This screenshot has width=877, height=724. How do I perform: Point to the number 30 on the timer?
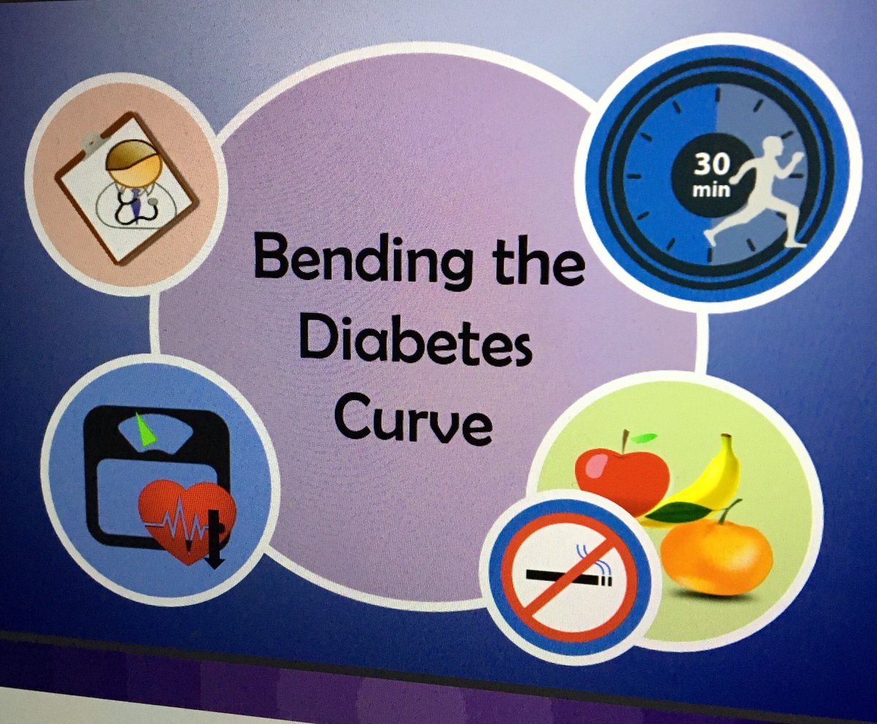[x=707, y=165]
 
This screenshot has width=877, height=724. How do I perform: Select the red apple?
[x=621, y=479]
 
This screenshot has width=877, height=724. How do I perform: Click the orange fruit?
[x=716, y=556]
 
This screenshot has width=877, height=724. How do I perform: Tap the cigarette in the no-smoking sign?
[x=577, y=578]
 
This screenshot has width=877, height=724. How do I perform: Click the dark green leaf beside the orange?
[x=680, y=512]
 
